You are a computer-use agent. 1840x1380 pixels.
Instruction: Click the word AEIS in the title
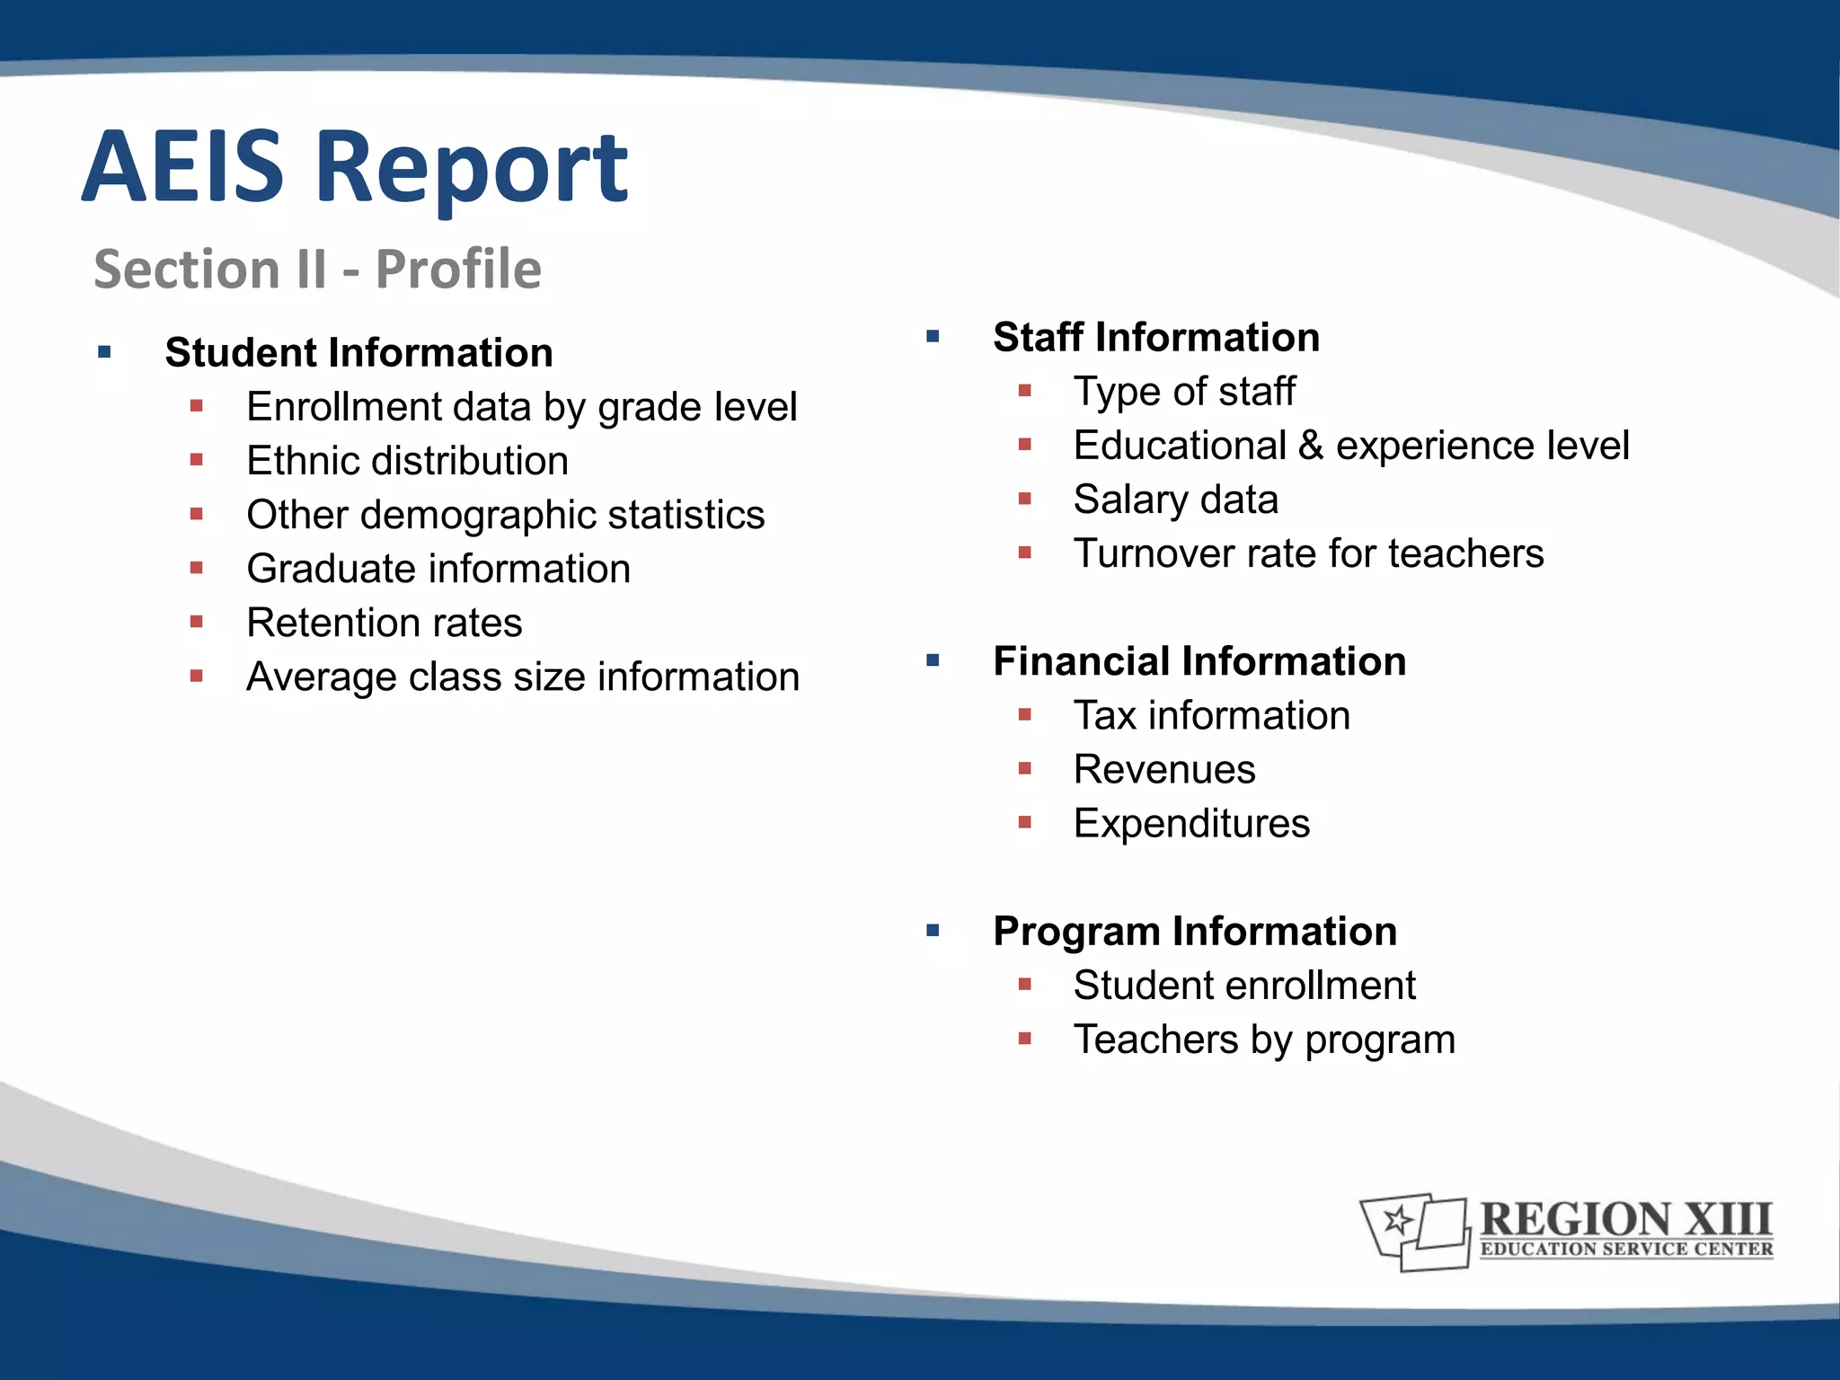[x=183, y=167]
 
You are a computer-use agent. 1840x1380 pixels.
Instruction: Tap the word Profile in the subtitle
[x=458, y=270]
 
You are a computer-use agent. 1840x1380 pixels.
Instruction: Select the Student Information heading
[x=358, y=353]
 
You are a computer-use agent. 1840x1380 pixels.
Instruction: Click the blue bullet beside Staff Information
[x=933, y=338]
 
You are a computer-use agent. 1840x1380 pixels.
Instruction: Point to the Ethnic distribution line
[x=407, y=461]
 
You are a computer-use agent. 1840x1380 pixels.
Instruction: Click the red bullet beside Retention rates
[x=197, y=622]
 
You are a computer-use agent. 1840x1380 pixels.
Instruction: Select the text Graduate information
[x=438, y=569]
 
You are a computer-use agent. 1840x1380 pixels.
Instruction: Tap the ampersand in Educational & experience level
[x=1311, y=446]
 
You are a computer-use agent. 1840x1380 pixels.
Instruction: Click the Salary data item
[x=1175, y=500]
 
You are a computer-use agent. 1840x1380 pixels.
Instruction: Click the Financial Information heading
[x=1199, y=661]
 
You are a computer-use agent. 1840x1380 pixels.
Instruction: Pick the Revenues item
[x=1164, y=770]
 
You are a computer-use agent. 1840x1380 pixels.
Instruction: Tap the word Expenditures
[x=1191, y=824]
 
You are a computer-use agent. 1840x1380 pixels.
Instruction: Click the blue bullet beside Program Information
[x=933, y=932]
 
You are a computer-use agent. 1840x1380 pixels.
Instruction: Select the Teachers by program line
[x=1263, y=1039]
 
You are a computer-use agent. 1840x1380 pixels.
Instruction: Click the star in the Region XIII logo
[x=1398, y=1220]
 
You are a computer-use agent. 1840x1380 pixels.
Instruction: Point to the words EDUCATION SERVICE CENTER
[x=1626, y=1249]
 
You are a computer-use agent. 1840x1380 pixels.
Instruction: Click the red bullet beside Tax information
[x=1025, y=715]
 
